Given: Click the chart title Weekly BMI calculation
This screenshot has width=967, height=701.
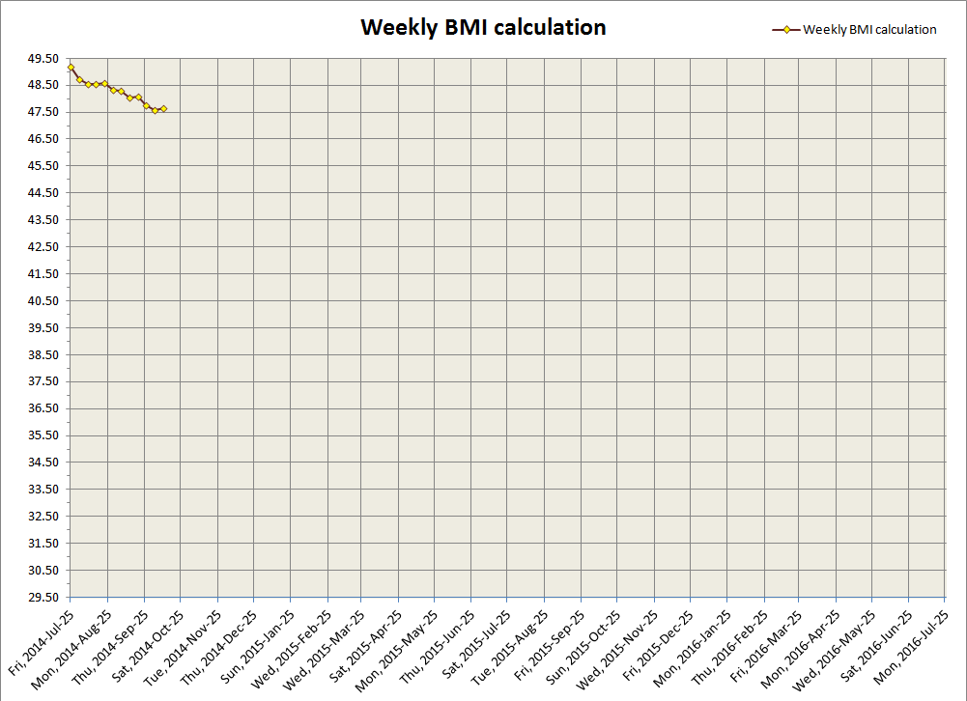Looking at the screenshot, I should pyautogui.click(x=483, y=27).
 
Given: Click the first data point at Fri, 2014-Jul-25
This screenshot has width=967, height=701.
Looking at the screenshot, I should pyautogui.click(x=71, y=67).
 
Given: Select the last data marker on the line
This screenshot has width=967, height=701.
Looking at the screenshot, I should pyautogui.click(x=163, y=108).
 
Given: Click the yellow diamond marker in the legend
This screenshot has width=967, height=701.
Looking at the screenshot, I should pyautogui.click(x=786, y=30).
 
